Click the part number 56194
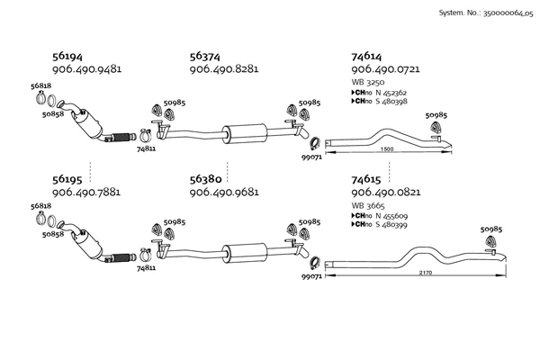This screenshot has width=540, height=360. [67, 56]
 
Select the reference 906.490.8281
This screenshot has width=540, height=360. [224, 69]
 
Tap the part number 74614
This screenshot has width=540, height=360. [366, 56]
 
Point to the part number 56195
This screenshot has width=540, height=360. [67, 179]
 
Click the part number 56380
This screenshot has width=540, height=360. [205, 179]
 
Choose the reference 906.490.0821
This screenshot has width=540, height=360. [386, 192]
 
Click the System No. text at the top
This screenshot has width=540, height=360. [486, 13]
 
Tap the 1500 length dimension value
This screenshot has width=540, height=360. [387, 149]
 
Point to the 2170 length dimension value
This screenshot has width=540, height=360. [426, 273]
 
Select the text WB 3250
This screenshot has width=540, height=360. [368, 82]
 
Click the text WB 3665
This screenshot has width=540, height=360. [368, 206]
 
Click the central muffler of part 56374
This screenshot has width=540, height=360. [245, 133]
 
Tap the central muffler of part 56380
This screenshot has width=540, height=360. [245, 253]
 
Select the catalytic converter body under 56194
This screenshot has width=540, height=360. [88, 125]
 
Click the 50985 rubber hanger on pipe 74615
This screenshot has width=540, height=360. [491, 240]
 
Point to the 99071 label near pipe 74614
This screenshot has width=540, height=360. [311, 157]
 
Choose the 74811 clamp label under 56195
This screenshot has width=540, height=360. [146, 267]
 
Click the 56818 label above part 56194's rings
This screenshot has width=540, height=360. [40, 85]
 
